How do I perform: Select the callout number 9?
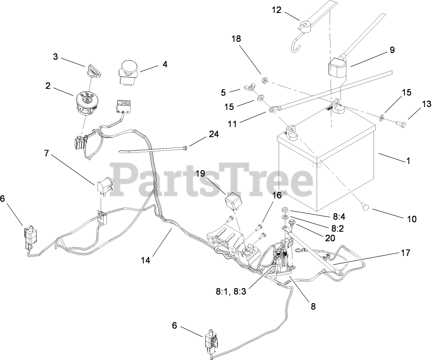(392, 50)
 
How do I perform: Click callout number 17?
(405, 253)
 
